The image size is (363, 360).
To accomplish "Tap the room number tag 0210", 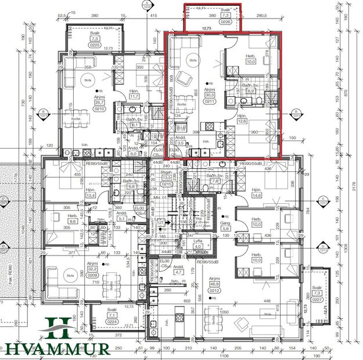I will click(100, 109).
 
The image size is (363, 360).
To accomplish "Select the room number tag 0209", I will click(92, 276).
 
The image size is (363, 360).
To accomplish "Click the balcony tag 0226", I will click(225, 22).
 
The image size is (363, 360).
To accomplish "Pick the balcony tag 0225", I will click(95, 44).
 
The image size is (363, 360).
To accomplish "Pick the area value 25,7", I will click(100, 102).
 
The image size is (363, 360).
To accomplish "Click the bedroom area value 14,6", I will click(257, 195).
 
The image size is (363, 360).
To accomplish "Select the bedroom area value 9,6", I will click(73, 221).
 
